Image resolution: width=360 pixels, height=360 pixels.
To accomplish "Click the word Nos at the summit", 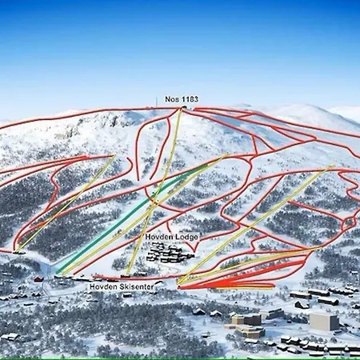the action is coord(170,99).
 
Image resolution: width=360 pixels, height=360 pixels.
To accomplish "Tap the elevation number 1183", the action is coord(188,99).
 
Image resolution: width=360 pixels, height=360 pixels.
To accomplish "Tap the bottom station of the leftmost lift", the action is coord(18,251).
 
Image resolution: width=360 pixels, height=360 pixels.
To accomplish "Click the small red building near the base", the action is coord(38,278).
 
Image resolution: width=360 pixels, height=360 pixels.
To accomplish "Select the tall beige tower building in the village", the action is coord(323,322).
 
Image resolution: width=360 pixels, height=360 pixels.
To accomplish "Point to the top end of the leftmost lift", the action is coord(114,156).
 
